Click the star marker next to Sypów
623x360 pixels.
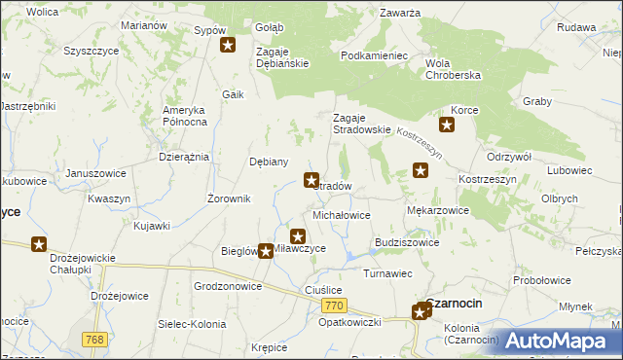(228, 45)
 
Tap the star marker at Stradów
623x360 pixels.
(311, 180)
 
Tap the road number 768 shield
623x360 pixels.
(94, 339)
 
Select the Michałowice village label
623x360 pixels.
(341, 214)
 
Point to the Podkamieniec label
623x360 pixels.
(374, 56)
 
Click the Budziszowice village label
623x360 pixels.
(406, 242)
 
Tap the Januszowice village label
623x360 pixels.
(95, 174)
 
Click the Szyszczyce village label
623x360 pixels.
(91, 51)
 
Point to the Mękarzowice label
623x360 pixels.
(437, 209)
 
